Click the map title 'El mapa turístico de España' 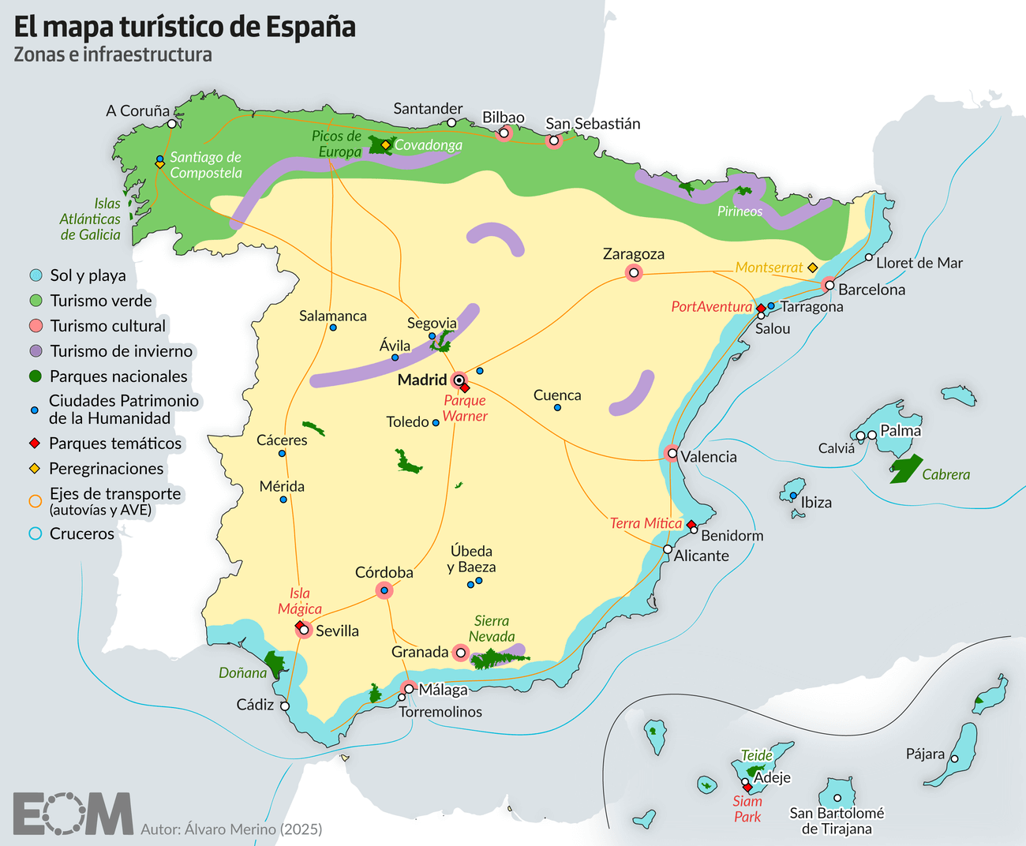185,27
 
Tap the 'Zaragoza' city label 633,254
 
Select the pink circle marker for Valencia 671,453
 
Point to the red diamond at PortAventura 761,308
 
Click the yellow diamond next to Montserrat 812,268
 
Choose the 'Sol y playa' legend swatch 35,275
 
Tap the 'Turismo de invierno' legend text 121,351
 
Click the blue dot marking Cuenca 557,408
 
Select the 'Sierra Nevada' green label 492,629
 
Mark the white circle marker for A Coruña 171,124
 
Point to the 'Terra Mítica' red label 646,523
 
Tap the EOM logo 73,813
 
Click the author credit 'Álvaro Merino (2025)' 231,829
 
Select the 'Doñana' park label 242,673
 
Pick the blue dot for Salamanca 333,328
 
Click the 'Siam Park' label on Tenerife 747,809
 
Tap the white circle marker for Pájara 954,758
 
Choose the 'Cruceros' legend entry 81,533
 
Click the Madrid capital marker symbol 459,380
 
